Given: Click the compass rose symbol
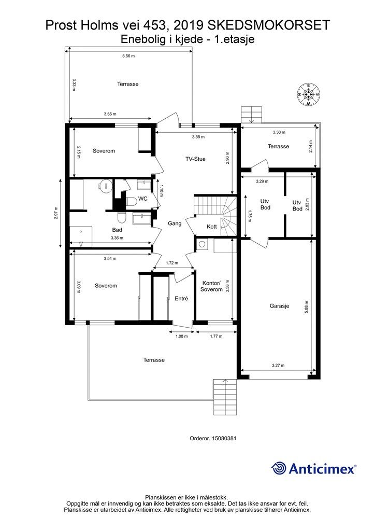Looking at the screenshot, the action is pyautogui.click(x=308, y=94).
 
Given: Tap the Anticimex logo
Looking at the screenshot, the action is pyautogui.click(x=313, y=468).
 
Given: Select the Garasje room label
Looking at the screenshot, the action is pyautogui.click(x=279, y=306).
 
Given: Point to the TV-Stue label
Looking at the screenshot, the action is pyautogui.click(x=195, y=159).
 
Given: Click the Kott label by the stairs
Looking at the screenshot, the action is pyautogui.click(x=212, y=226).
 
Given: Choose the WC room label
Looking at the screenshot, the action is pyautogui.click(x=143, y=199).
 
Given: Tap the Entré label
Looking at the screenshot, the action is pyautogui.click(x=181, y=299).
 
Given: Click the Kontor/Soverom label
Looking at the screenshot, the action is pyautogui.click(x=211, y=286).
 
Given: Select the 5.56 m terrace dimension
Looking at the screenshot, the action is pyautogui.click(x=128, y=56).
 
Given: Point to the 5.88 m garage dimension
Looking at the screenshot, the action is pyautogui.click(x=306, y=307).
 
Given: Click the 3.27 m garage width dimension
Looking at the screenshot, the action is pyautogui.click(x=278, y=366).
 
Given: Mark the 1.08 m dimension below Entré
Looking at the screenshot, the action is pyautogui.click(x=182, y=336).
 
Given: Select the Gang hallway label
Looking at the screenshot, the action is pyautogui.click(x=175, y=223).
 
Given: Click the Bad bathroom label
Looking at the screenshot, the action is pyautogui.click(x=117, y=230).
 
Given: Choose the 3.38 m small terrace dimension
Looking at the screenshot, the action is pyautogui.click(x=279, y=132).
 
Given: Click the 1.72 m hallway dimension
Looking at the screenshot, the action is pyautogui.click(x=172, y=263).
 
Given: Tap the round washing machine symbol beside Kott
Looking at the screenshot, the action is pyautogui.click(x=203, y=244).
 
